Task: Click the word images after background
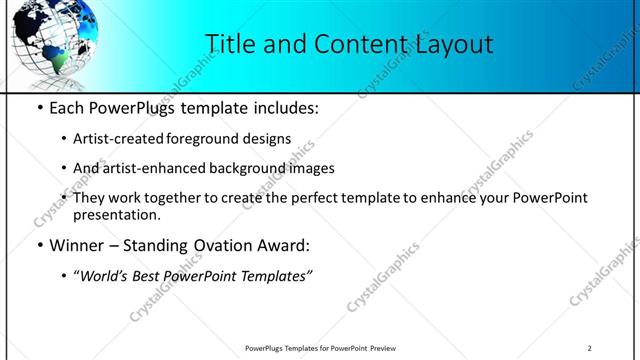click(311, 168)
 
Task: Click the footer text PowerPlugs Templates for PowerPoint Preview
click(320, 348)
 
